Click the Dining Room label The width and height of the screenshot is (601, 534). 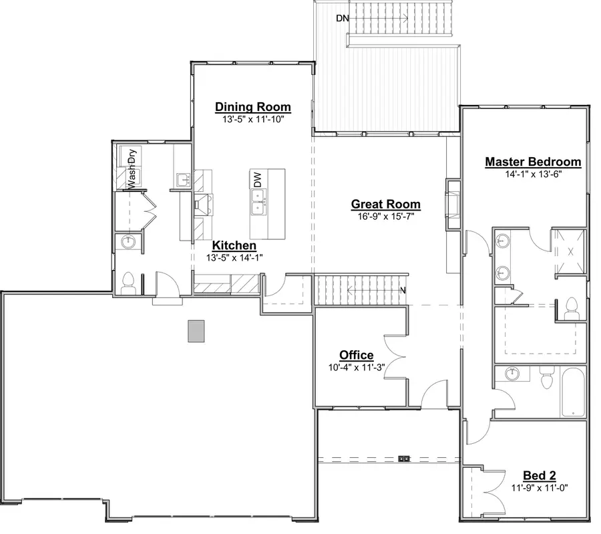pyautogui.click(x=253, y=107)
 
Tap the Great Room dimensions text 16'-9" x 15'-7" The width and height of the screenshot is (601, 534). pyautogui.click(x=386, y=217)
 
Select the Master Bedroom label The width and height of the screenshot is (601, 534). pyautogui.click(x=533, y=162)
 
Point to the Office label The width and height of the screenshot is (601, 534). pyautogui.click(x=357, y=355)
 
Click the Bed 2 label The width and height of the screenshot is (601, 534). pyautogui.click(x=540, y=475)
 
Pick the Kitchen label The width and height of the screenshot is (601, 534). pyautogui.click(x=234, y=246)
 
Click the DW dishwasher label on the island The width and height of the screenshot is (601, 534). pyautogui.click(x=257, y=179)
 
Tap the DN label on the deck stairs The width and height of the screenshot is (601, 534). pyautogui.click(x=343, y=19)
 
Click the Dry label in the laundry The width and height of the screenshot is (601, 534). pyautogui.click(x=132, y=156)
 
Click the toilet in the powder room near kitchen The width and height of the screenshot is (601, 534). pyautogui.click(x=130, y=282)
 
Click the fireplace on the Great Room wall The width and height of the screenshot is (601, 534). pyautogui.click(x=453, y=205)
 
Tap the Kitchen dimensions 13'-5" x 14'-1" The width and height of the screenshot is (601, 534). pyautogui.click(x=234, y=258)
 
